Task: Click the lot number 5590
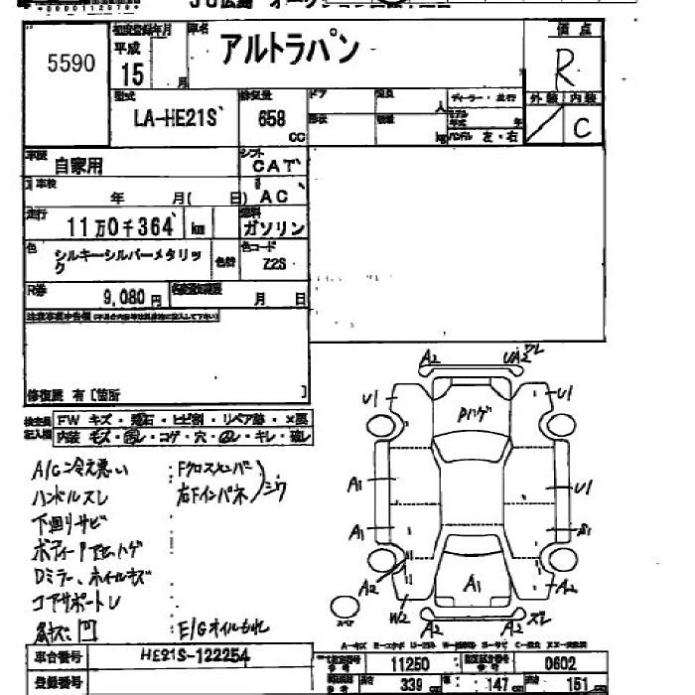(x=71, y=64)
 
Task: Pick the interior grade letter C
(x=581, y=126)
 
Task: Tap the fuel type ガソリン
(x=273, y=227)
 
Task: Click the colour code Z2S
(x=275, y=264)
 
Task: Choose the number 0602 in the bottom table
(x=559, y=663)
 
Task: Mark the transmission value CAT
(x=272, y=166)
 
